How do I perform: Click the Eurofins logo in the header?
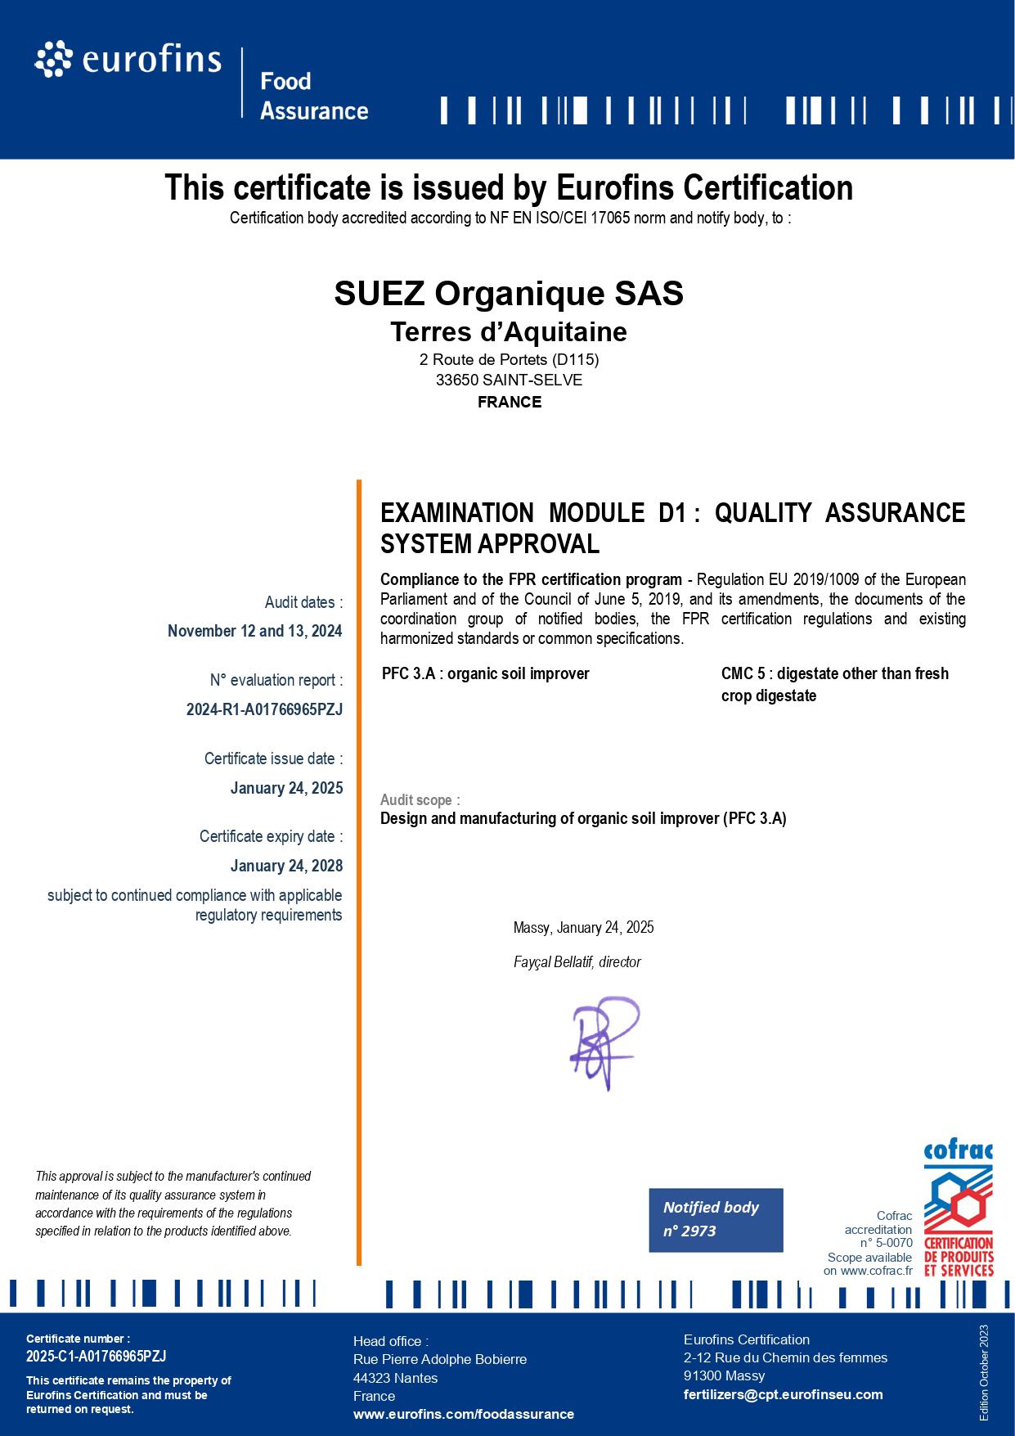pos(128,61)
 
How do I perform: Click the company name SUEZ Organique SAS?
pos(508,293)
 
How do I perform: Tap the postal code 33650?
pos(456,380)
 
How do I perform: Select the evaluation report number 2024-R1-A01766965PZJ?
pos(264,709)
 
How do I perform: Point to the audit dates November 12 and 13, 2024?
pos(254,631)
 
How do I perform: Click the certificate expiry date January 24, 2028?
pos(286,866)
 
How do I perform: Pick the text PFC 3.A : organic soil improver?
pos(485,673)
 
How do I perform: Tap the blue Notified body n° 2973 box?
pos(716,1219)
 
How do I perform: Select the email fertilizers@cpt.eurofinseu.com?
pos(783,1394)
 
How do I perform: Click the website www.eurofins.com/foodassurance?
pos(463,1414)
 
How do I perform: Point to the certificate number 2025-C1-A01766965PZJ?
pos(96,1356)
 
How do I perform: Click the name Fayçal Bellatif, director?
pos(577,962)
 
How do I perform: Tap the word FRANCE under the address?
pos(509,402)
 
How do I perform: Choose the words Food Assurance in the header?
pos(314,96)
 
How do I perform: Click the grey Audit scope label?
pos(420,799)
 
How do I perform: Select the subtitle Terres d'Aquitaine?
pos(508,331)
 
